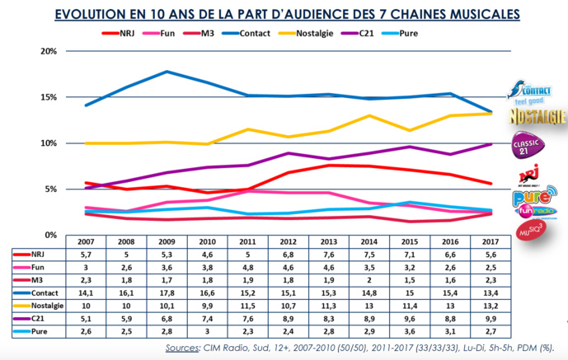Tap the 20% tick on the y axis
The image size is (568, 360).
[49, 51]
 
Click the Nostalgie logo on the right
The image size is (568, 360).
[537, 114]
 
